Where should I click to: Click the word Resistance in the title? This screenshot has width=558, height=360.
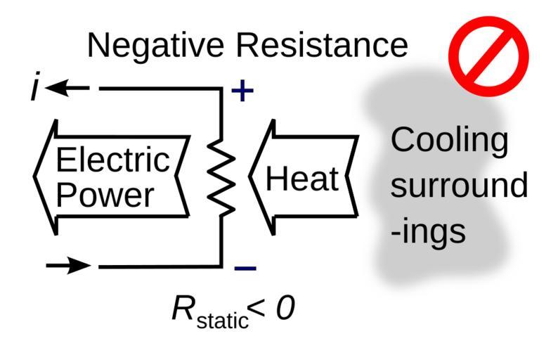(x=323, y=46)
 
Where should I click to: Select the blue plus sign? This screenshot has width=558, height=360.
(x=241, y=91)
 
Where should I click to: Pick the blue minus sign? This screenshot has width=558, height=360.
(x=245, y=268)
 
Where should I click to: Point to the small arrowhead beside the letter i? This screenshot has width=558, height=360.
(x=58, y=89)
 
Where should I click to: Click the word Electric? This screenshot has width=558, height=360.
(x=113, y=161)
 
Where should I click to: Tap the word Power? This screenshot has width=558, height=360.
(x=104, y=195)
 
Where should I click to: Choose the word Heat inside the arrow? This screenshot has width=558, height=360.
(x=302, y=179)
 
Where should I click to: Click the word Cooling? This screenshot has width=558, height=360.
(x=449, y=141)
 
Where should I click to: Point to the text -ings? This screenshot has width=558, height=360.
(x=429, y=232)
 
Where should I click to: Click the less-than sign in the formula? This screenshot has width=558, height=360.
(x=261, y=309)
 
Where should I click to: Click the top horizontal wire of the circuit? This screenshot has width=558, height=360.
(x=162, y=90)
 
